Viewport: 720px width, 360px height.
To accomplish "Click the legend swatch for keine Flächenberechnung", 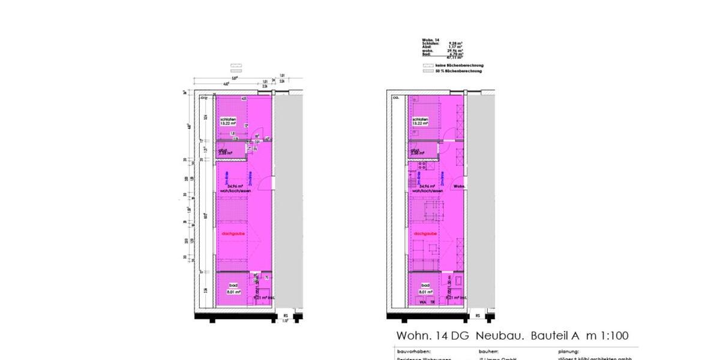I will tap(427, 65).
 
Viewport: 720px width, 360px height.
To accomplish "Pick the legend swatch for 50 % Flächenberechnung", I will tap(427, 71).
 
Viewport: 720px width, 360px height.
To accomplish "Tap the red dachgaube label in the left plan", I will tap(232, 233).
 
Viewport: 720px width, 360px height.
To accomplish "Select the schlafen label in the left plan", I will tap(229, 119).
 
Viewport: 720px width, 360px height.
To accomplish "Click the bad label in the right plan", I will tap(425, 285).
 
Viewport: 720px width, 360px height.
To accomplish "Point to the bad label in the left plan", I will tap(232, 285).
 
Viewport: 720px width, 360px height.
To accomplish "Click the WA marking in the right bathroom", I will tap(423, 303).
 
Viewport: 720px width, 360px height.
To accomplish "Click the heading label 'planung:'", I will tap(568, 352).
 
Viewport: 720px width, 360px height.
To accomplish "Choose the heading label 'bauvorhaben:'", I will tap(414, 352).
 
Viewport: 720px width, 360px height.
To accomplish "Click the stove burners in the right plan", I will tap(422, 165).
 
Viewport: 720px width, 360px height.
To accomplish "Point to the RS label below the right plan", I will tap(478, 315).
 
